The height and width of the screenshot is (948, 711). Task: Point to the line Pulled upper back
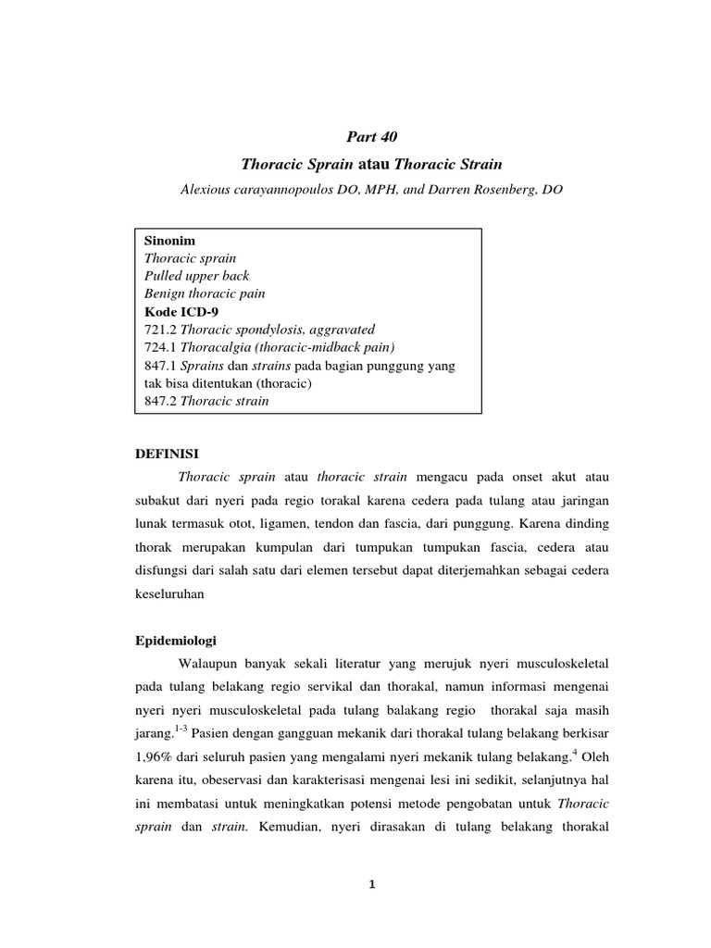[x=196, y=276]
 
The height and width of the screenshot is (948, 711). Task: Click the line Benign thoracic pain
[x=205, y=293]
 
